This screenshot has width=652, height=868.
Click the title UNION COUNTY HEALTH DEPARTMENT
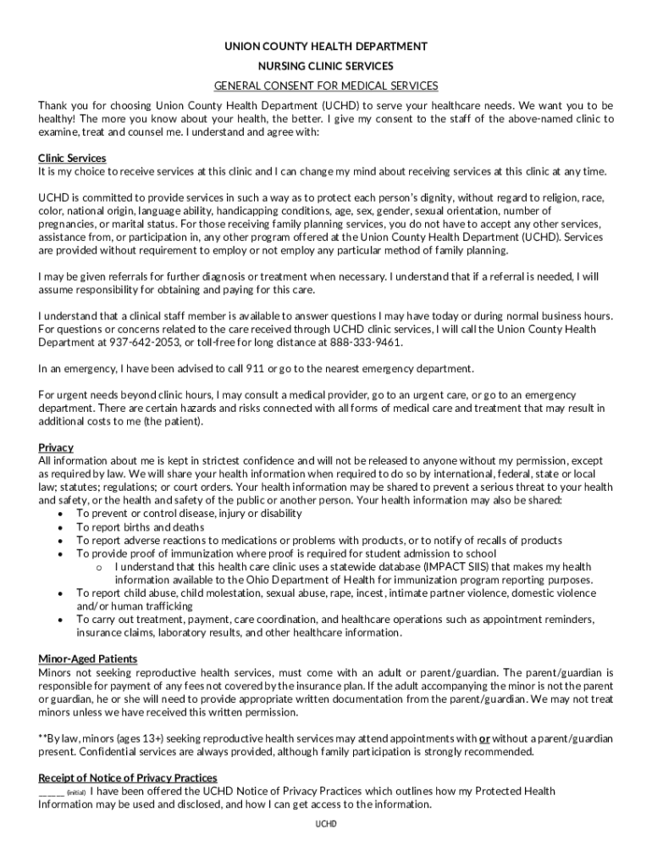click(326, 47)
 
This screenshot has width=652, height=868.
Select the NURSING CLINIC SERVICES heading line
click(326, 66)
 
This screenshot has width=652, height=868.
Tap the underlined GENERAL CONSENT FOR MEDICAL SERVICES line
click(326, 86)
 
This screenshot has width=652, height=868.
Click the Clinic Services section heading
click(72, 159)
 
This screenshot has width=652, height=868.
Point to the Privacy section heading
click(56, 447)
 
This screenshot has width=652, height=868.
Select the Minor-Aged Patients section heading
click(88, 659)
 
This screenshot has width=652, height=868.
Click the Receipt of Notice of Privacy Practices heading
click(128, 777)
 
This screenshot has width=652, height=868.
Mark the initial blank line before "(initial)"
click(51, 792)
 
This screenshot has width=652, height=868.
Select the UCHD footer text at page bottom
click(326, 823)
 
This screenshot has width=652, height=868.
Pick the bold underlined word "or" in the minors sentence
click(485, 738)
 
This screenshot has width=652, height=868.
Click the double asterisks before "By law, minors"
click(43, 738)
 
